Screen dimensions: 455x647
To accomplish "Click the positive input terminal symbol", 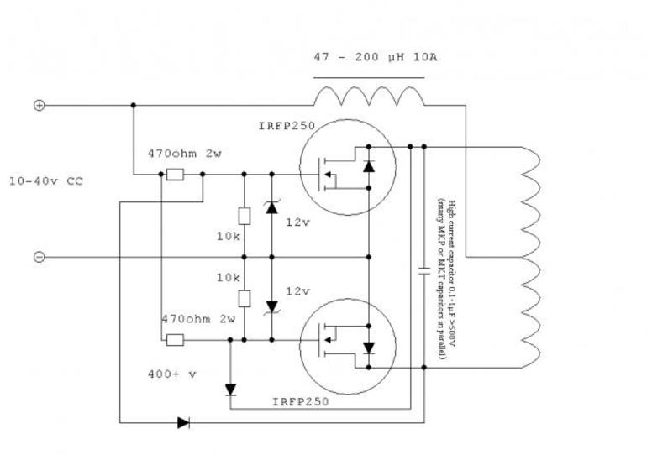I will (39, 105).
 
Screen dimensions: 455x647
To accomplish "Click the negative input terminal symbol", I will (39, 257).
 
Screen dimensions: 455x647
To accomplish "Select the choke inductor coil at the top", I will (370, 95).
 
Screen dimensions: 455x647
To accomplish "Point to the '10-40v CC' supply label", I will (46, 180).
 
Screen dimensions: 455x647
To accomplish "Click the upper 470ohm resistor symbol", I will (175, 175).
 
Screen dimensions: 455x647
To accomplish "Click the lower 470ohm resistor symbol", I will (175, 340).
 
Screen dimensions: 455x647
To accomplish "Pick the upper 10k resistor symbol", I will (244, 216).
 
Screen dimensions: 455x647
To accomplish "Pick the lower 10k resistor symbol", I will (244, 298).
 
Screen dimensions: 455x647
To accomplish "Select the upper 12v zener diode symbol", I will (271, 207).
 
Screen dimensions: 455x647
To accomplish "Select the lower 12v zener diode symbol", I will (271, 307).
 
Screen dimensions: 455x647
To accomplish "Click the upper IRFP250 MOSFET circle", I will (345, 168).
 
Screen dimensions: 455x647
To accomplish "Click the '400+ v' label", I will (171, 374).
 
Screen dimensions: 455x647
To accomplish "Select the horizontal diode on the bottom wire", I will (183, 422).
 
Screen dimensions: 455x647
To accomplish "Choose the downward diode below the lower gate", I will (230, 390).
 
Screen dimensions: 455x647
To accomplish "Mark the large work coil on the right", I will (531, 257).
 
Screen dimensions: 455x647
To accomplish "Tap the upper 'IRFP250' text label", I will (287, 127).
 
